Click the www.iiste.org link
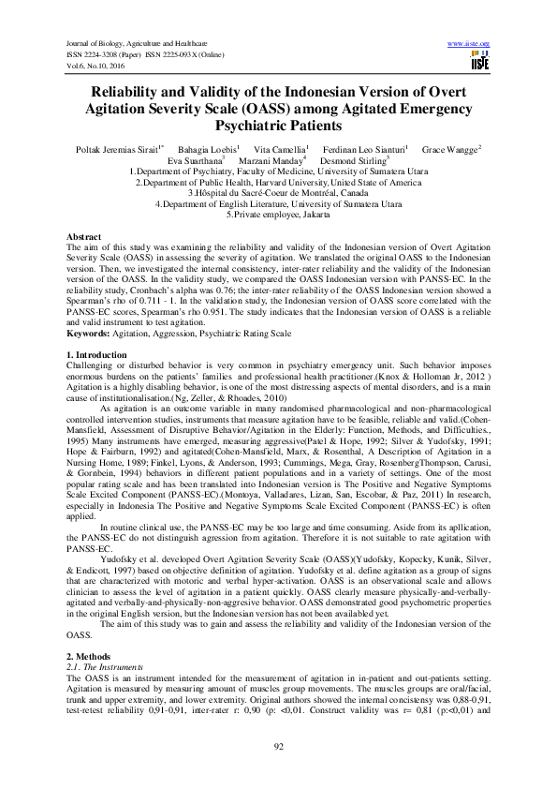click(469, 44)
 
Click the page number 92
click(278, 745)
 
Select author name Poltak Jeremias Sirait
click(113, 149)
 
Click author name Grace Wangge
click(450, 149)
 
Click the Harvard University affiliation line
click(278, 183)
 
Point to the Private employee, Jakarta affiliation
click(278, 215)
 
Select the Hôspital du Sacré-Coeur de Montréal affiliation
click(278, 193)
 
